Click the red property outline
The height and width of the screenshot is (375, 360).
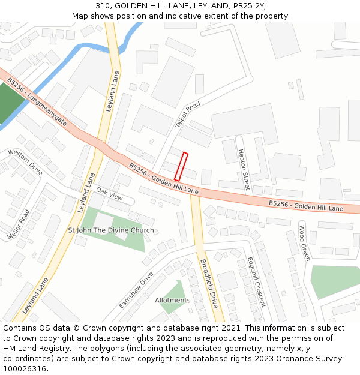(181, 166)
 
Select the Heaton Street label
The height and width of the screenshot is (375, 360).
(244, 169)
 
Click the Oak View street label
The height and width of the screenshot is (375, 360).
(109, 194)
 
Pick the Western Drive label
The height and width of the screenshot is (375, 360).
(25, 162)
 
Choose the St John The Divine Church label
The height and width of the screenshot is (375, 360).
(111, 230)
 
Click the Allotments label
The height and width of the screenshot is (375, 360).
(172, 300)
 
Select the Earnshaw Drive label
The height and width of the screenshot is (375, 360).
(136, 290)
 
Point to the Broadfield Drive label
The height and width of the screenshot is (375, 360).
(208, 284)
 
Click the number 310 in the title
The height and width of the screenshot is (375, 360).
(102, 5)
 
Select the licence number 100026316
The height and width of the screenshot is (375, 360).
(25, 368)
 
